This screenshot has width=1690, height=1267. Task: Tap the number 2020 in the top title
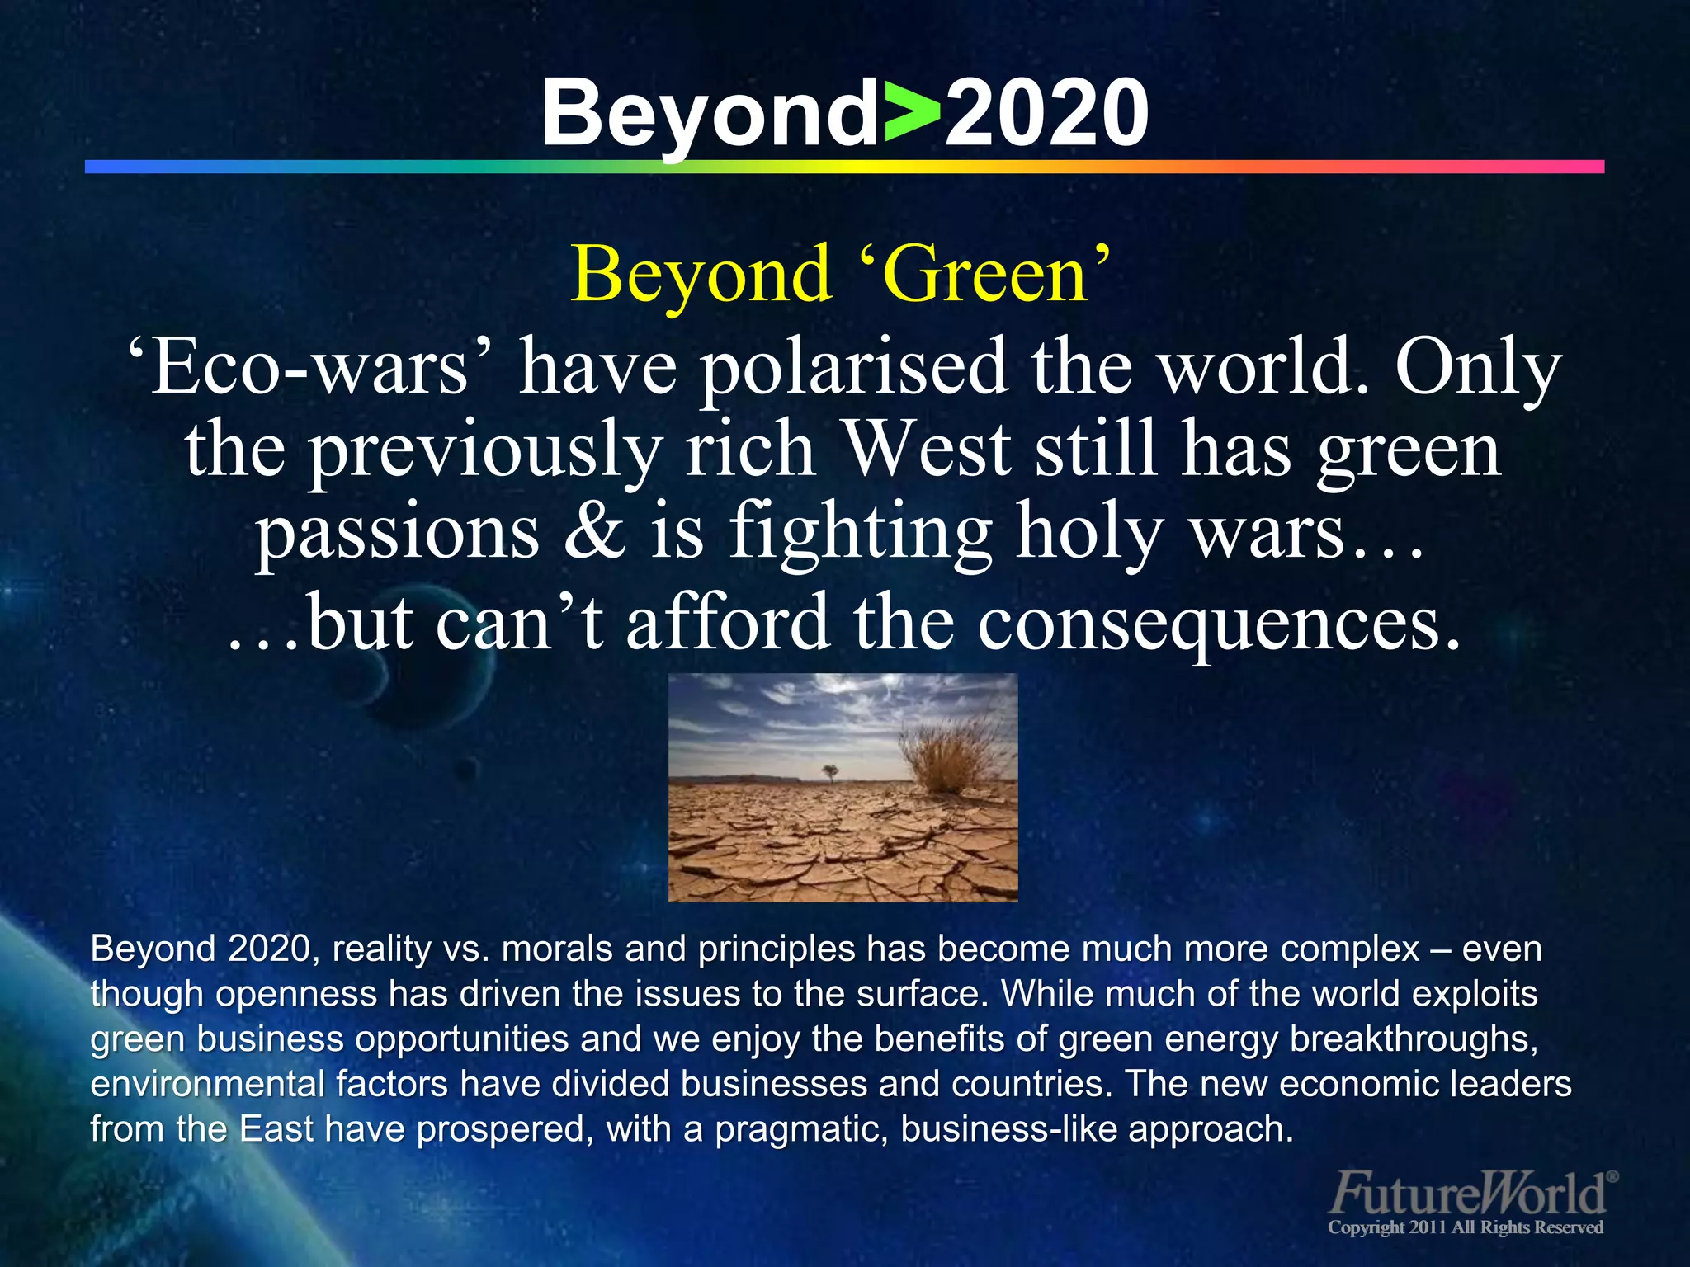click(x=1046, y=114)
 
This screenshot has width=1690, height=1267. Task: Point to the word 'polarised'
click(x=854, y=368)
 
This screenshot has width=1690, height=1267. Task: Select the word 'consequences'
click(x=1218, y=623)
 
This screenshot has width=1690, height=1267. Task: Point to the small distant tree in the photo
click(x=830, y=772)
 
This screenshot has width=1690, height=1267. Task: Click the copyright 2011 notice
click(x=1465, y=1227)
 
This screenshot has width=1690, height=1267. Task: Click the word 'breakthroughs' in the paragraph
click(x=1414, y=1039)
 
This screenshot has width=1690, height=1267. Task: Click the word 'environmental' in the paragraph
click(x=207, y=1084)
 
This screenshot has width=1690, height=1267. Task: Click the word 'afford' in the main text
click(x=728, y=623)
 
